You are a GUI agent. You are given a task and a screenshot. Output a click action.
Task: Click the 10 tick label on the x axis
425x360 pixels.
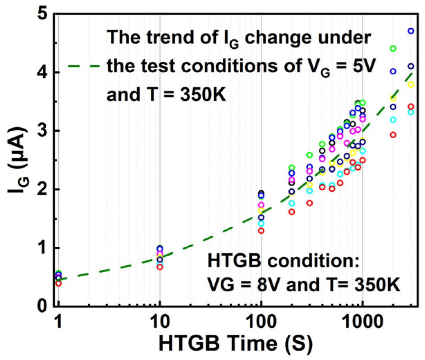160,322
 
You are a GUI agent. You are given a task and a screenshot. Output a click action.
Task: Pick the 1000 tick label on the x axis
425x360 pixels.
362,322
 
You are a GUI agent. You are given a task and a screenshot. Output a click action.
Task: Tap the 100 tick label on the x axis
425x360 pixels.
261,322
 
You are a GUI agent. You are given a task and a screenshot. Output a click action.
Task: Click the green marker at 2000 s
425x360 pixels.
393,48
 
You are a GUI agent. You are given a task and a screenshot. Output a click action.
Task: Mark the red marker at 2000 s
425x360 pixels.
393,135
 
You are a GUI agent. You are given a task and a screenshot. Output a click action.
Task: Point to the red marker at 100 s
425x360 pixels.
261,230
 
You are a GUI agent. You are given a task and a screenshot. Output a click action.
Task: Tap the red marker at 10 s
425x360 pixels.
160,267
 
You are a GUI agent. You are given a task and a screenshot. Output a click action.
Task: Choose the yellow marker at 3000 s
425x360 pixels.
411,84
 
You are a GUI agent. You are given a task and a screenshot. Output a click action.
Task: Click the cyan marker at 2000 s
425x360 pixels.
393,120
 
